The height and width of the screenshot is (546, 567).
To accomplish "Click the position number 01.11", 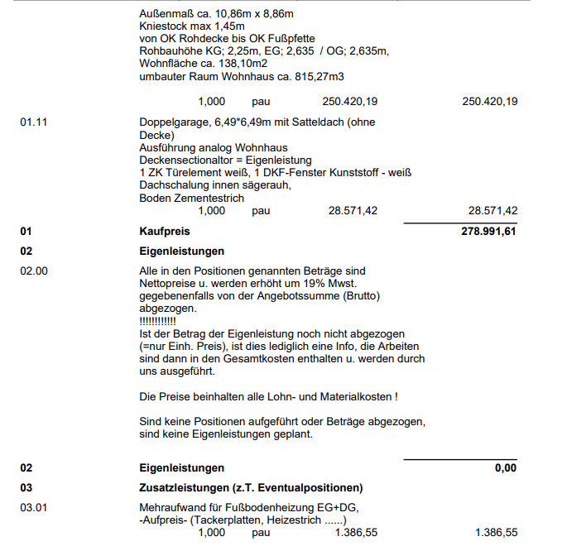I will tap(33, 122).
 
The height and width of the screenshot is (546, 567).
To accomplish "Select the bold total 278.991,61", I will tap(488, 232).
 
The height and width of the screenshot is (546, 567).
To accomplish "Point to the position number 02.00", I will tap(33, 271).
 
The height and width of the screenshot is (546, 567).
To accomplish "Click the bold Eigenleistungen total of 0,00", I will tap(505, 468).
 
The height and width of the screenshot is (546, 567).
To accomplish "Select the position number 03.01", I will tap(33, 507).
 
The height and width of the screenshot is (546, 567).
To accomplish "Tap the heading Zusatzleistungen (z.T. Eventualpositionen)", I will tap(251, 487).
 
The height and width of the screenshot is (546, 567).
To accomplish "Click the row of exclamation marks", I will tap(157, 320).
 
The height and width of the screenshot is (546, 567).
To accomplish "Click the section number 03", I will tap(26, 487).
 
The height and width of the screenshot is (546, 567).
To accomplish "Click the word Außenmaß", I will tap(166, 14).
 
